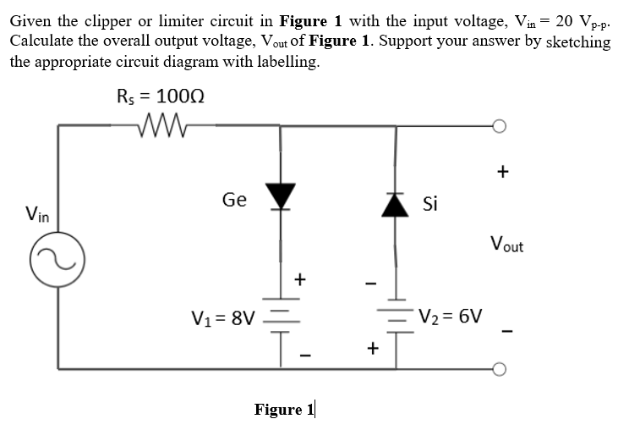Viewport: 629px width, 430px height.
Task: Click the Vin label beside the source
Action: point(36,216)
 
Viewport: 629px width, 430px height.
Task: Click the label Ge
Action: point(234,200)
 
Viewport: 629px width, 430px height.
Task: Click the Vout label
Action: point(506,246)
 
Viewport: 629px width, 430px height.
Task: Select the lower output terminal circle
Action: point(501,369)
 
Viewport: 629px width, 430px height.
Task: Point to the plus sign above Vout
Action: point(502,173)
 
